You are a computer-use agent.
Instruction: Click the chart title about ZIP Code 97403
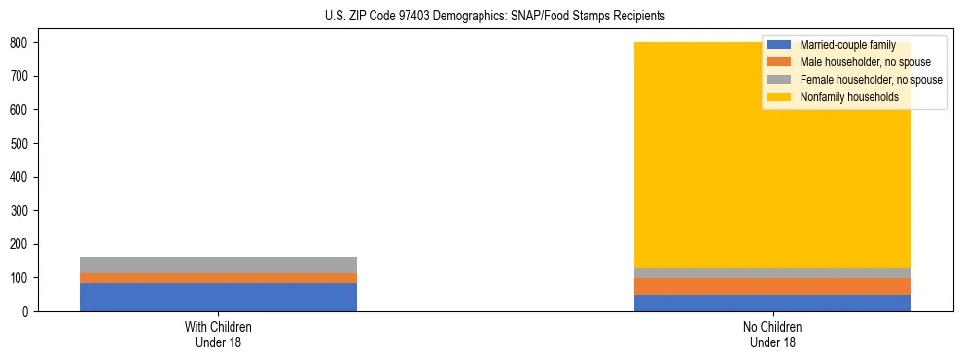[495, 17]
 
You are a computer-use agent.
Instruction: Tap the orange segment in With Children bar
[218, 278]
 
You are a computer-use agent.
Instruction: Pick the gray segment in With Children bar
[218, 265]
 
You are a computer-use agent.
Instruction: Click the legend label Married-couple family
[847, 45]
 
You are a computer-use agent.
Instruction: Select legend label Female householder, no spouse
[871, 80]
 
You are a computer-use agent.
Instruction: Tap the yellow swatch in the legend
[778, 97]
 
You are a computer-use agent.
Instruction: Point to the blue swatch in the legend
[778, 45]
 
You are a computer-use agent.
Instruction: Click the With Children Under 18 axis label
[218, 334]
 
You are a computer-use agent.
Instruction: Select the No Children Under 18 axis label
[772, 334]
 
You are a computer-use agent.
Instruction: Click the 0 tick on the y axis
[26, 311]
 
